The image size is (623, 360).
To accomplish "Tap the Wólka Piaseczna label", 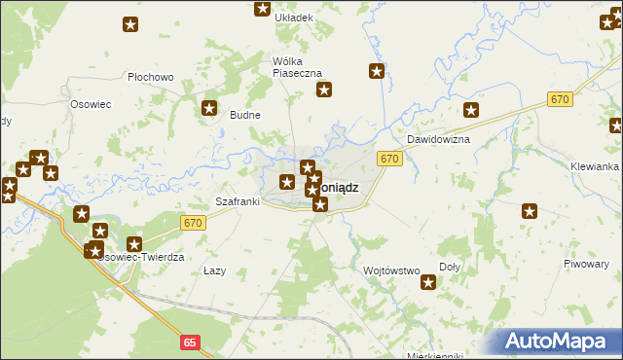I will [x=303, y=66].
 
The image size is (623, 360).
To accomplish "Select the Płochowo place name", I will [x=150, y=77].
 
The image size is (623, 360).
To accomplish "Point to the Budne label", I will [x=244, y=115].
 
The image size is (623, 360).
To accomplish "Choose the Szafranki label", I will [x=237, y=201].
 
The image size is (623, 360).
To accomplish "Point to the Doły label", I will [x=450, y=267].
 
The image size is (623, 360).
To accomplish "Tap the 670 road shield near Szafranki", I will [x=192, y=224].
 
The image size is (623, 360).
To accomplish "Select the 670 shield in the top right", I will [x=559, y=100].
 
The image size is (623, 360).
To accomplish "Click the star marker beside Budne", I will [x=207, y=109].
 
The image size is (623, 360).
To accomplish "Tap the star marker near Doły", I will [x=427, y=282].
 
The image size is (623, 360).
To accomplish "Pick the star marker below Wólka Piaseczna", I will [x=324, y=90].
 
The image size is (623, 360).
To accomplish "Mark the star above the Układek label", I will [x=262, y=9].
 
